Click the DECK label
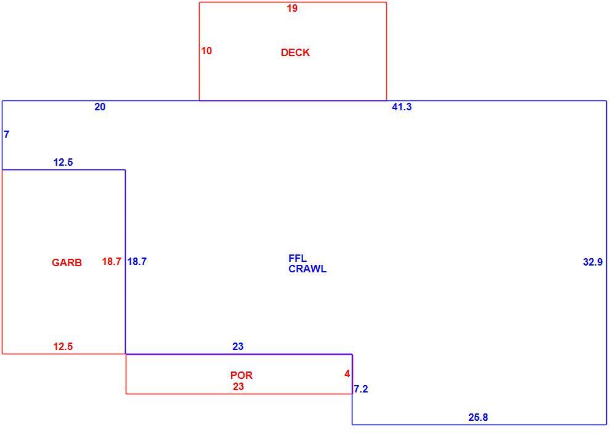[295, 52]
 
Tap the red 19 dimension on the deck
[292, 8]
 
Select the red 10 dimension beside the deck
[206, 51]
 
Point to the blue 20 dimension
[100, 107]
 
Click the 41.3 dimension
[402, 107]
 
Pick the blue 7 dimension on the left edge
[7, 134]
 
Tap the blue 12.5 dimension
[63, 162]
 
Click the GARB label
[67, 262]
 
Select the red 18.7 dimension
[112, 261]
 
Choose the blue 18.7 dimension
[137, 261]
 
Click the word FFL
[298, 258]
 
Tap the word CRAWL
[307, 269]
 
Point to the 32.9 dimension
[593, 262]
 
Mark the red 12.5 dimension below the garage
[63, 346]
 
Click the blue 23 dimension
[238, 346]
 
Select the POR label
[242, 375]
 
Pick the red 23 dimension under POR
[238, 386]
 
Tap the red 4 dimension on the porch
[347, 374]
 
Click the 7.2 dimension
[361, 389]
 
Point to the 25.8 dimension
[478, 417]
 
